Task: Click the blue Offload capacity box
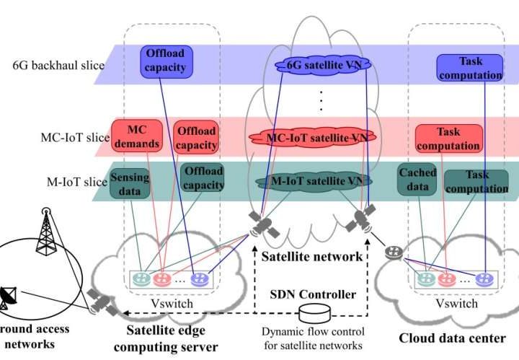click(x=167, y=61)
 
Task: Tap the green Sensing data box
click(x=130, y=183)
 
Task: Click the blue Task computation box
click(x=469, y=69)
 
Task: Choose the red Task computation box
click(x=448, y=139)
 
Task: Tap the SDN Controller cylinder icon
click(x=314, y=313)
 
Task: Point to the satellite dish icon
click(x=11, y=295)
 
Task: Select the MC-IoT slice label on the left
click(x=76, y=137)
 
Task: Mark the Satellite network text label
click(x=311, y=255)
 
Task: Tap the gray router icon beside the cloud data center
click(x=393, y=253)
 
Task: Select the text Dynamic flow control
click(x=314, y=331)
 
